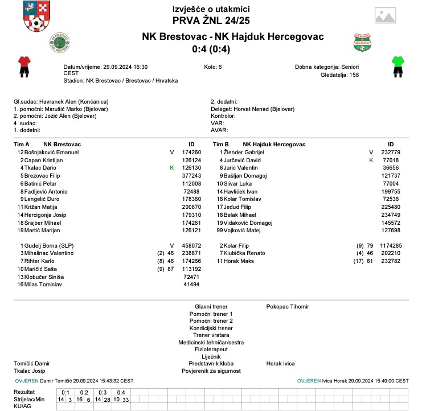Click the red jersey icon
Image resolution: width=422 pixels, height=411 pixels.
pos(23,66)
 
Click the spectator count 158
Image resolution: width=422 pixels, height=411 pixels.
pos(354,75)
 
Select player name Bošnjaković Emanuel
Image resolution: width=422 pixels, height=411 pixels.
pos(48,153)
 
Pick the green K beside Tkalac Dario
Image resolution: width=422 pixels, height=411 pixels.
pos(171,168)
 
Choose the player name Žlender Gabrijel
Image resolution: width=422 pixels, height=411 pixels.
pos(244,153)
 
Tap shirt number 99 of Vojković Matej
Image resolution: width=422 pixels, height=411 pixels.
pos(219,231)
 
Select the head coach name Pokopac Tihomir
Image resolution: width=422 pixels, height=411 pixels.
pos(288,307)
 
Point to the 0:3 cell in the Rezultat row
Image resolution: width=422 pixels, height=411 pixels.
pos(103,392)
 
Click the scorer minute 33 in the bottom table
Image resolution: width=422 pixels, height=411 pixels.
pos(126,400)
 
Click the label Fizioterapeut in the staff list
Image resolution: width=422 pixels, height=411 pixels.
pos(211,350)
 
